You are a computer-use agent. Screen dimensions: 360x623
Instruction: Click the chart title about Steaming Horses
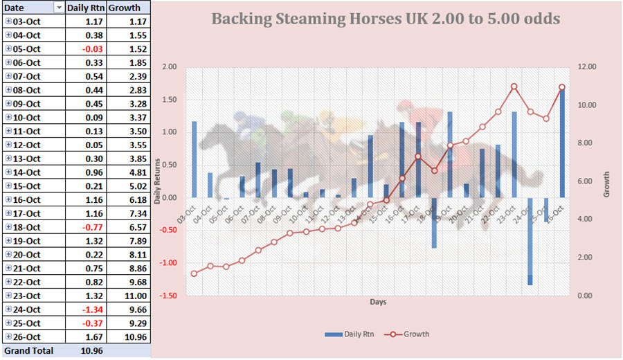pos(386,18)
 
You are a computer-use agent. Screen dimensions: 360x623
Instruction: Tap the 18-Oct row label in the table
pos(27,227)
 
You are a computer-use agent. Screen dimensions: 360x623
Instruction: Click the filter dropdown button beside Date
pos(58,8)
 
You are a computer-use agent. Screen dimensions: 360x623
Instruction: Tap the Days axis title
pos(378,303)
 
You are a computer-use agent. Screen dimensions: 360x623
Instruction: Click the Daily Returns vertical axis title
pos(159,181)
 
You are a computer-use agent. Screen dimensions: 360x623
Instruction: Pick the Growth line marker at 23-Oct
pos(514,87)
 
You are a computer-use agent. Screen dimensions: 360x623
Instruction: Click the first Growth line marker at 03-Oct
pos(194,273)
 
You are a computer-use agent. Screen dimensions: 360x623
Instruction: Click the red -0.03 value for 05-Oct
pos(93,48)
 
